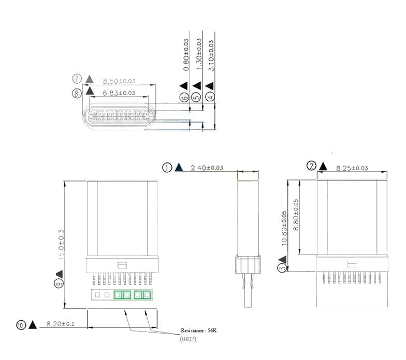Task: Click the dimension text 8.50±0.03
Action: [x=120, y=81]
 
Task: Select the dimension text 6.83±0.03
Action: [x=119, y=93]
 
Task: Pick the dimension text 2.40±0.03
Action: [x=207, y=168]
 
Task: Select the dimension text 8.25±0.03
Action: [x=352, y=168]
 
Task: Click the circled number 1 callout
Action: [x=167, y=167]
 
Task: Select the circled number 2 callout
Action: [x=312, y=166]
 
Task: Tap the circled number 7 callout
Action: [x=77, y=79]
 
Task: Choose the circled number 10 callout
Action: [x=21, y=325]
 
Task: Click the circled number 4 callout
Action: [x=210, y=96]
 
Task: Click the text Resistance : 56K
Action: [x=199, y=330]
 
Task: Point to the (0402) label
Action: [x=187, y=339]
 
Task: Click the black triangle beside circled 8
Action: [x=90, y=92]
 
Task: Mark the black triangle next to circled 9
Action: [x=59, y=273]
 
